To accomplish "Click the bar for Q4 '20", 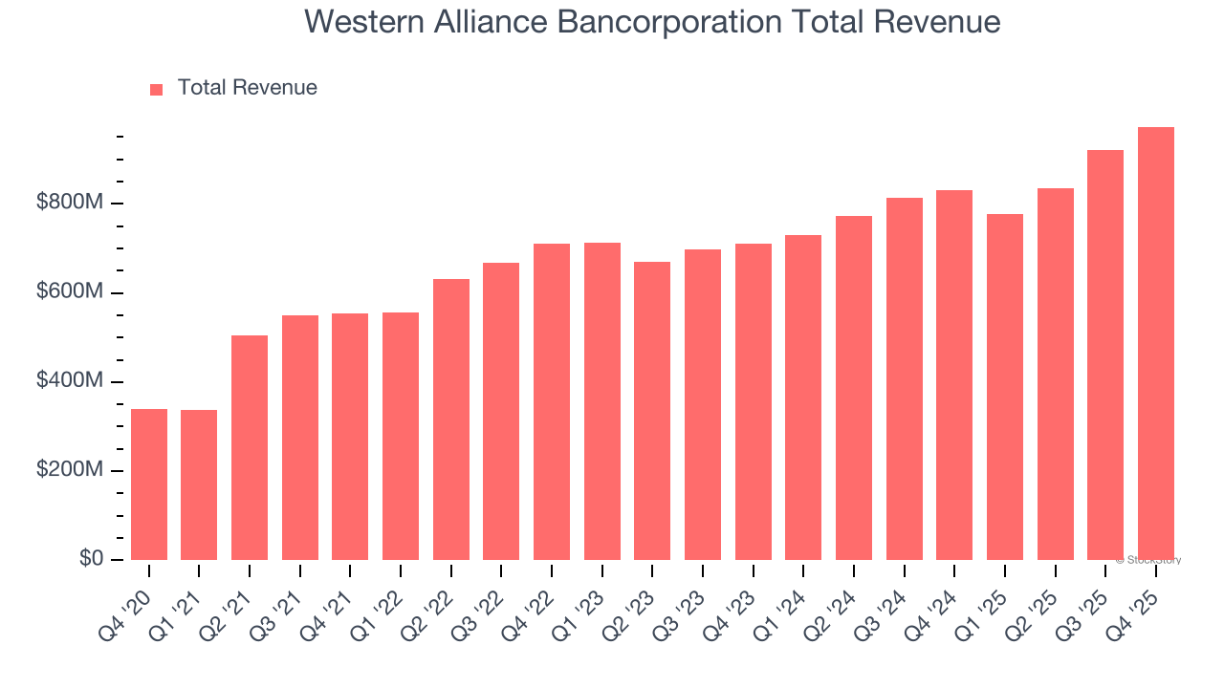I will (x=149, y=484).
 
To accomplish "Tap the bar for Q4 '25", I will (x=1156, y=343).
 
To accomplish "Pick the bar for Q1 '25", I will (x=1005, y=387).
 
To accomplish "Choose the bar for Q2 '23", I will (x=652, y=411).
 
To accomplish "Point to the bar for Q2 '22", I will (x=451, y=419).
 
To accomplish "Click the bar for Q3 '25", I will (x=1105, y=355).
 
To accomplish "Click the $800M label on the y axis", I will (x=70, y=204).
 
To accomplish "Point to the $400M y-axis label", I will (x=70, y=381).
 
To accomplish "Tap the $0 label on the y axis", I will (x=92, y=559).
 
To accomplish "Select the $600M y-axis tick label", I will (x=70, y=292).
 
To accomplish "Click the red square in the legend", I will (x=157, y=89).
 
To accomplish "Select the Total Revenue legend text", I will (x=247, y=88).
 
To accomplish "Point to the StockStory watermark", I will (x=1148, y=560).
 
